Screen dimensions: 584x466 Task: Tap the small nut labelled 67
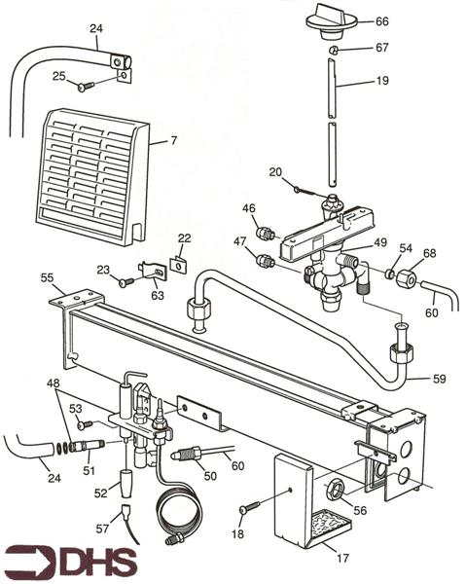tap(333, 50)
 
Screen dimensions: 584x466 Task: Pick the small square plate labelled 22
tap(178, 261)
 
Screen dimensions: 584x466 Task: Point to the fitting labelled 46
tap(264, 234)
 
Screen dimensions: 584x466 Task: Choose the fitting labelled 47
tap(264, 261)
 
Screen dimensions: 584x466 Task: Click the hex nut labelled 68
tap(406, 281)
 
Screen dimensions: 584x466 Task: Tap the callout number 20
tap(275, 171)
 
